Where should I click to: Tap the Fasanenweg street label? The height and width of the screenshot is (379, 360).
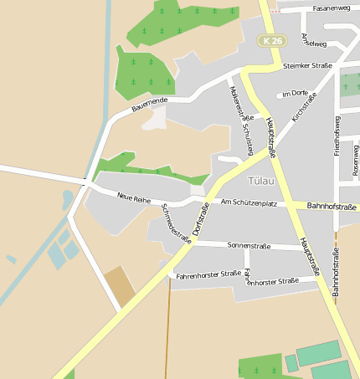coord(331,8)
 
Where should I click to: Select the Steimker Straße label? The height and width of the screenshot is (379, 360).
coord(307,65)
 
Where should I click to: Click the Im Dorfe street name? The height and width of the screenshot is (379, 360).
coord(296,94)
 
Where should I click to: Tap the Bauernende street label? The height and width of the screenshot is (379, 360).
coord(150,105)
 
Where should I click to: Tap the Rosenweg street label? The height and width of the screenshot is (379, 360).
coord(356,159)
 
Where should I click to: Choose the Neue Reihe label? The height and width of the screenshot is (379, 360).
coord(134,197)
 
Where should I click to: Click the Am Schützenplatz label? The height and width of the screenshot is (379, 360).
coord(249,203)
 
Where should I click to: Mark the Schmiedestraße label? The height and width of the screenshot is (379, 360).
coord(176,223)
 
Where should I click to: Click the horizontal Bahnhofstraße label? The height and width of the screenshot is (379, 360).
coord(332,206)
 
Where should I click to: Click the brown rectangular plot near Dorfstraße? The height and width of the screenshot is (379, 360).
coord(120,286)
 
